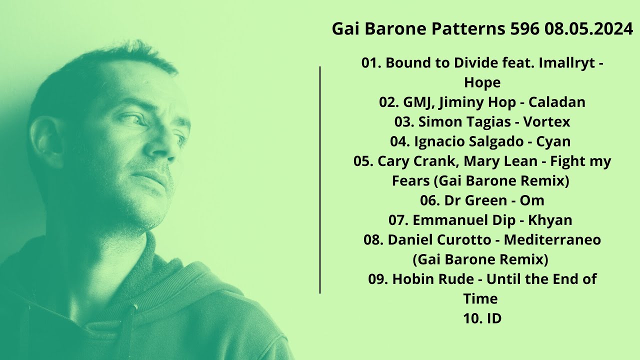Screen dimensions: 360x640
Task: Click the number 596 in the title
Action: coord(525,29)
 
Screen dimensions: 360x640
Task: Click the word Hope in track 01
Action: coord(482,82)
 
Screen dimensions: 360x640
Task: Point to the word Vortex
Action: coord(546,121)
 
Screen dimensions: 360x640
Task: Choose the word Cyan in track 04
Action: coord(553,141)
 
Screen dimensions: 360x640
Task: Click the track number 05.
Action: coord(363,161)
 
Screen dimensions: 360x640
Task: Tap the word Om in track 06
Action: coord(532,200)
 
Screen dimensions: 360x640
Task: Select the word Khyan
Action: coord(551,220)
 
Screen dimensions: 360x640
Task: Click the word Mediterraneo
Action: coord(552,239)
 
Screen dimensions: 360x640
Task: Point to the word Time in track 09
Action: coord(480,298)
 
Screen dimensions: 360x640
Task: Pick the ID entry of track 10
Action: coord(493,318)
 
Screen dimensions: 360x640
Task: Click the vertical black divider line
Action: coord(320,180)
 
